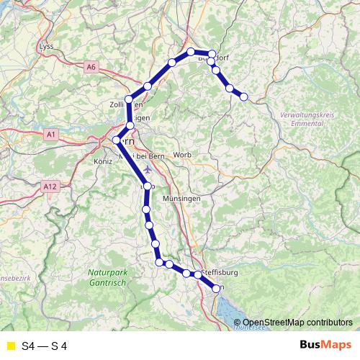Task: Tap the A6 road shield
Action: coord(91,67)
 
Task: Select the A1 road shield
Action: coord(50,135)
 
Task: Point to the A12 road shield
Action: coord(50,186)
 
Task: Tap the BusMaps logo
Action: coord(325,346)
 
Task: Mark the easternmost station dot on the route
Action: coord(243,96)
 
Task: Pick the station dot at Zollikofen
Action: coord(129,99)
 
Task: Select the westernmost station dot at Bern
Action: coord(117,140)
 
